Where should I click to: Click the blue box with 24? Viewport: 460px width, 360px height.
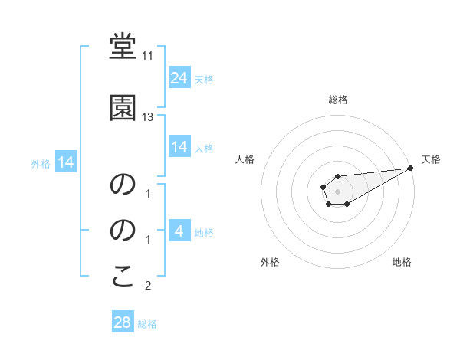coord(179,77)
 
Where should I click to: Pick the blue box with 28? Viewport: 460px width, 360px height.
coord(123,322)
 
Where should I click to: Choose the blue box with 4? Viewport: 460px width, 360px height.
coord(179,231)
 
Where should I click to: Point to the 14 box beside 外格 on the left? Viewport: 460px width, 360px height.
coord(65,162)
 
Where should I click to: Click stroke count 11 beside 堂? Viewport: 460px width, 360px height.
coord(148,56)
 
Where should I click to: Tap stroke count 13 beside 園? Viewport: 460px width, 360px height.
coord(148,117)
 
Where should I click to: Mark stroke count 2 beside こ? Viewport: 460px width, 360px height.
coord(148,286)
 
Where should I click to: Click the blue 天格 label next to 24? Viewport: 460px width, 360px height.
coord(204,79)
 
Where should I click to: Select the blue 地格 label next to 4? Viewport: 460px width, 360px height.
coord(204,232)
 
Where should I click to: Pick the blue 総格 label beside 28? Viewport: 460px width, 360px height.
coord(147,324)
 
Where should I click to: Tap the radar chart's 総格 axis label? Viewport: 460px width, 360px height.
coord(337,100)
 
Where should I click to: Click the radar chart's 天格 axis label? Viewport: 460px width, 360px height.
coord(431,159)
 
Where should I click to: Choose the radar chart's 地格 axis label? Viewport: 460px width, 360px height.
coord(402,262)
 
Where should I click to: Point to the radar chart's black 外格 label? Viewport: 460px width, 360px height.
coord(270,262)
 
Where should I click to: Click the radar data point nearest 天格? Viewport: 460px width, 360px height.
coord(411,168)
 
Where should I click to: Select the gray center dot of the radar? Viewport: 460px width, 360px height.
coord(337,191)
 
